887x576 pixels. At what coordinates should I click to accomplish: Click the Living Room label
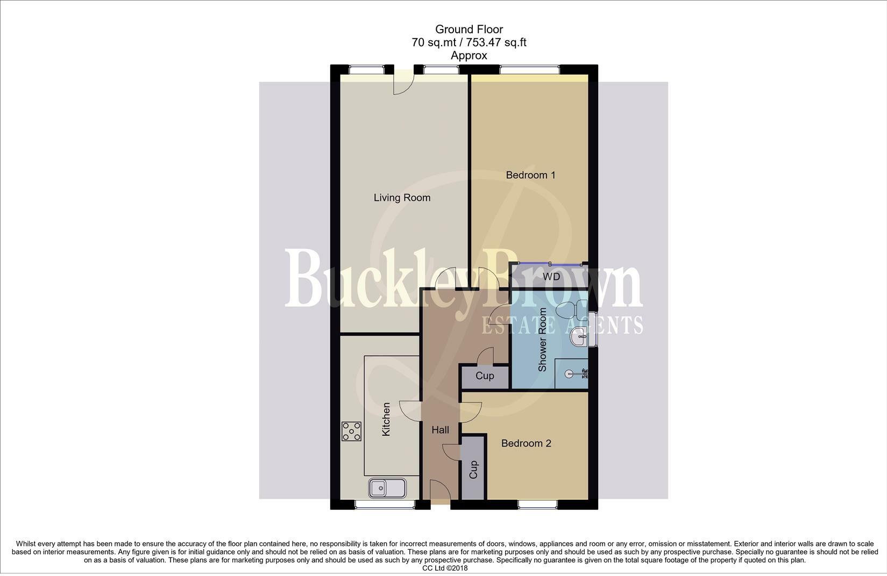coord(402,198)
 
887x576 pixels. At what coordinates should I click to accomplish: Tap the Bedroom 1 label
coord(530,175)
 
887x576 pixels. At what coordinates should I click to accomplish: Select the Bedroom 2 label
coord(526,443)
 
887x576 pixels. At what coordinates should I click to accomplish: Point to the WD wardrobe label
coord(551,277)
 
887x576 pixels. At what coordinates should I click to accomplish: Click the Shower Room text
coord(542,340)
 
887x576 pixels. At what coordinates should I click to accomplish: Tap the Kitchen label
coord(386,420)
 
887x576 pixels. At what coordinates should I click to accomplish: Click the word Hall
coord(440,430)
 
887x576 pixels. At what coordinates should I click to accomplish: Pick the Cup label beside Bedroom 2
coord(473,470)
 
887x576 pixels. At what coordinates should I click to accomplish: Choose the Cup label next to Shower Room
coord(485,376)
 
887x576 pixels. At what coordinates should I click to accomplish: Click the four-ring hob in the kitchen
coord(351,431)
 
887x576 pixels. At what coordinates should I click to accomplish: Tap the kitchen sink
coord(387,488)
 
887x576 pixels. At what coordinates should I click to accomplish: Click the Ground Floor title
coord(469,30)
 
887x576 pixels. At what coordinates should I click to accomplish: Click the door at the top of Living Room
coord(403,84)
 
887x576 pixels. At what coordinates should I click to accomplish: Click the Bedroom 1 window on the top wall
coord(529,69)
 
